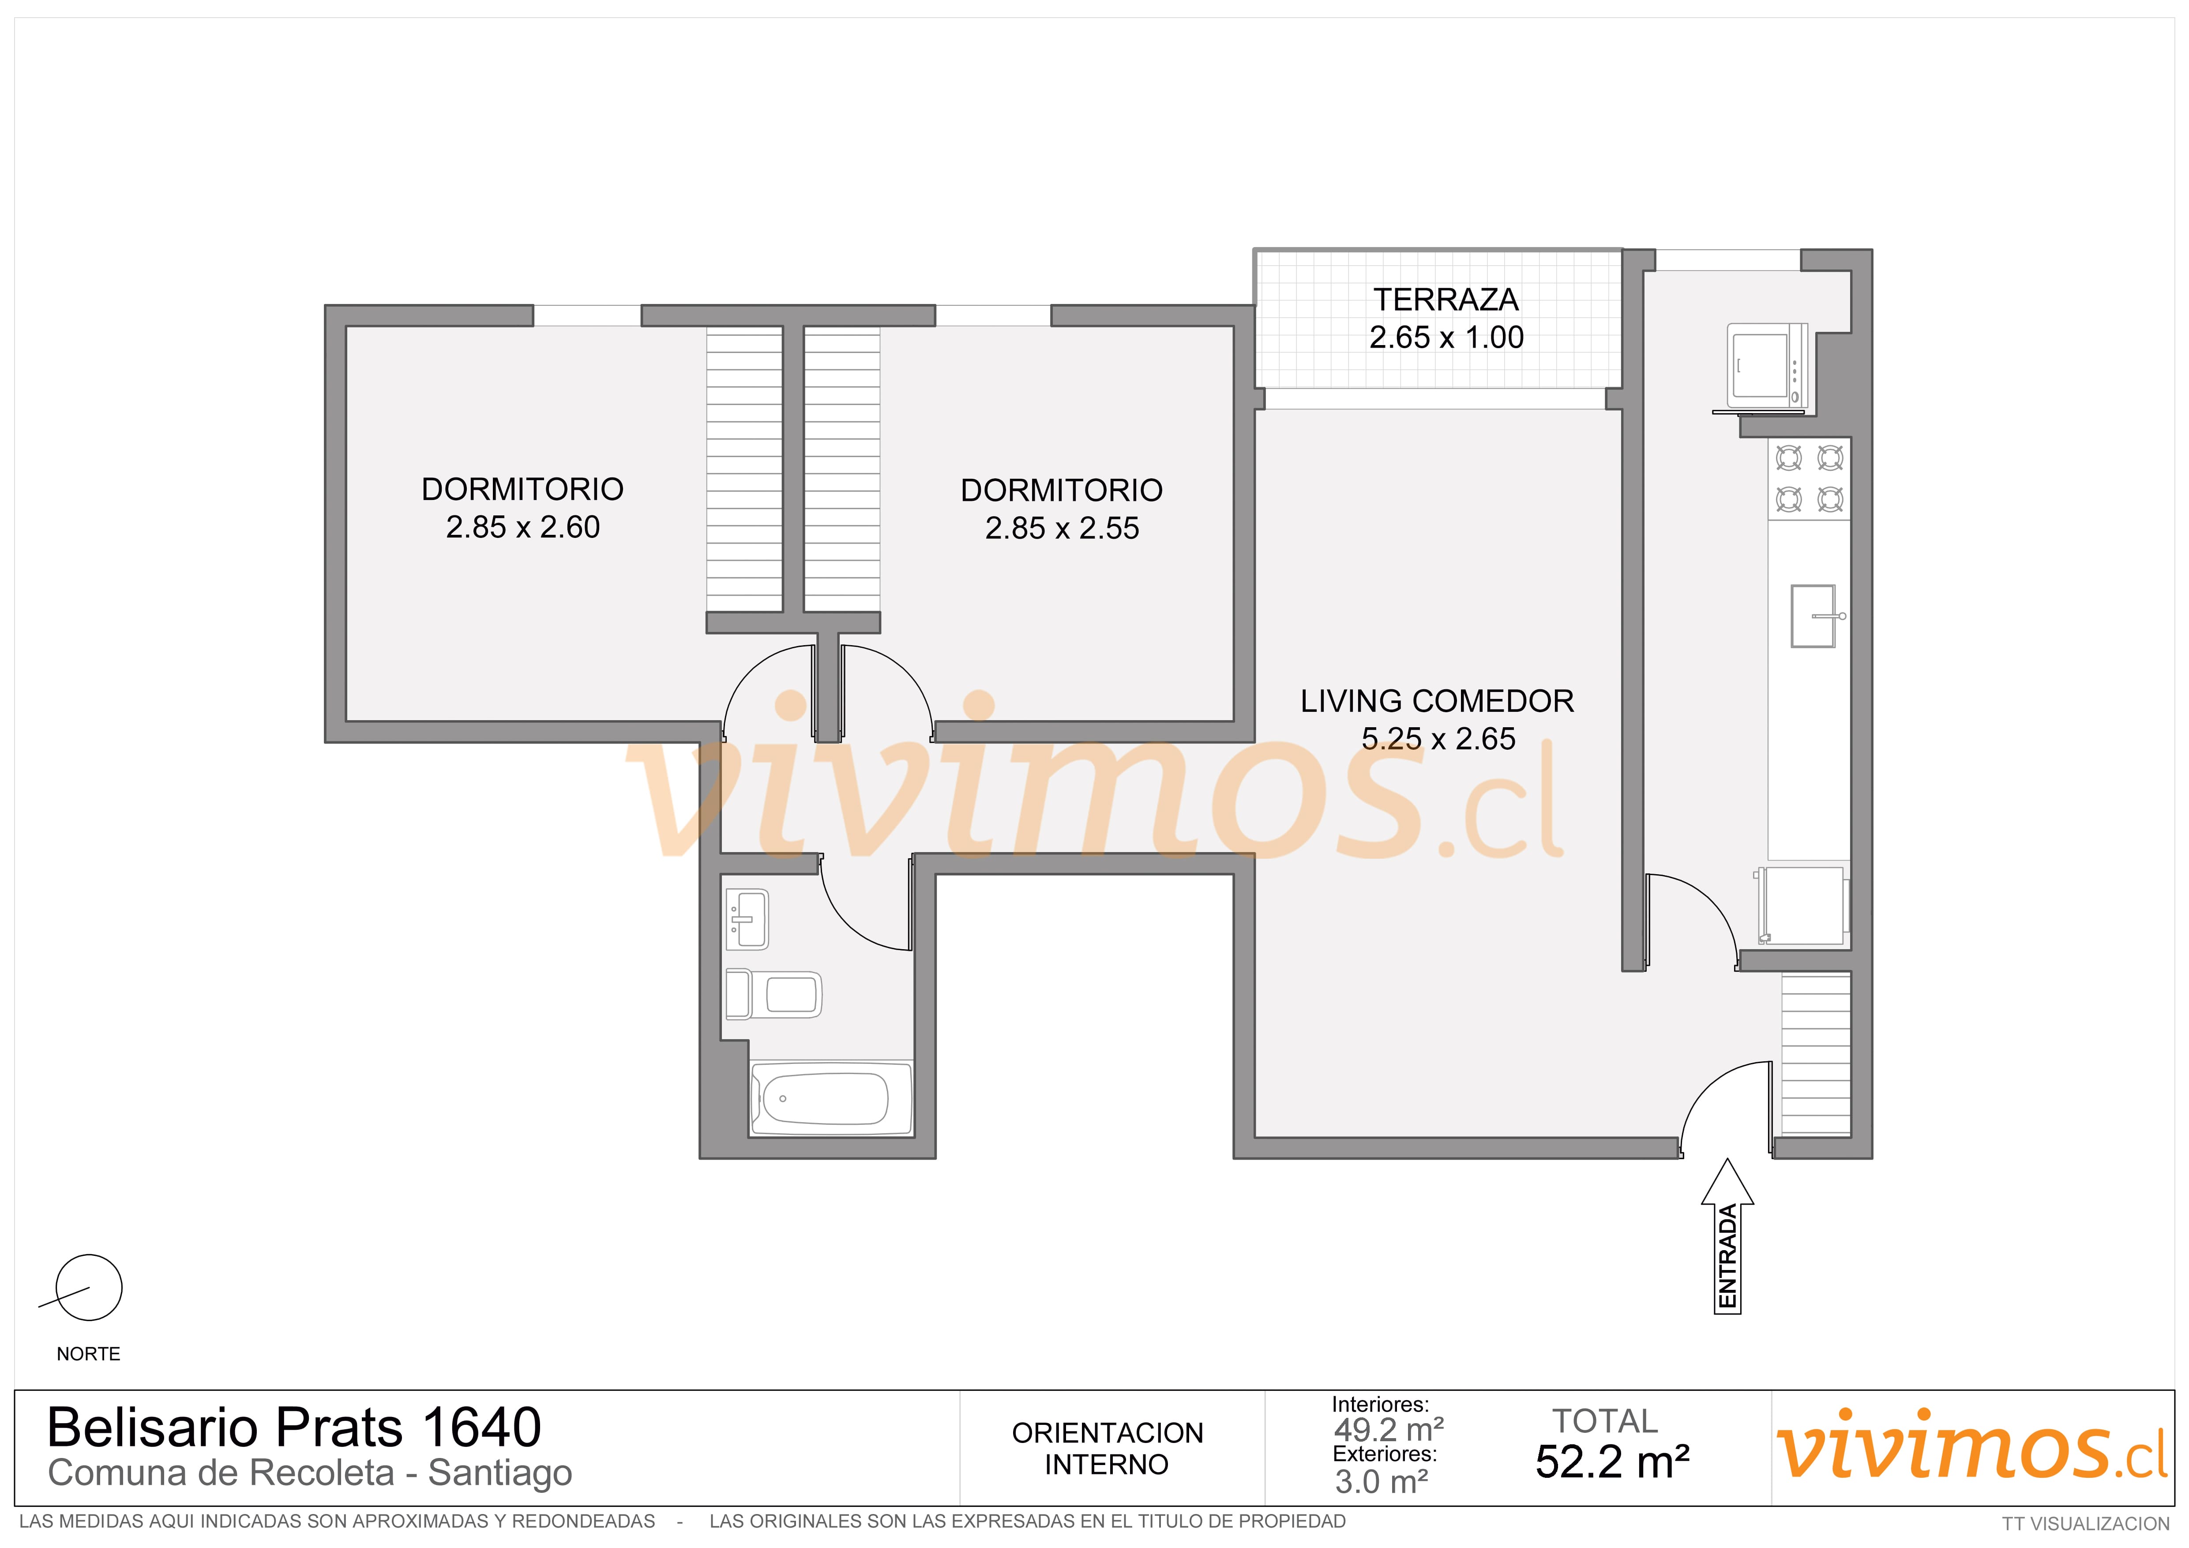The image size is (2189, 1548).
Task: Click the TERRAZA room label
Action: pos(1446,299)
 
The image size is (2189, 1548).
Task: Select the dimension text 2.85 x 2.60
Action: pos(522,527)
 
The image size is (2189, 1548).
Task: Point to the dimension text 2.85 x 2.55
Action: pos(1062,528)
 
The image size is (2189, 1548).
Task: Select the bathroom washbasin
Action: pos(747,920)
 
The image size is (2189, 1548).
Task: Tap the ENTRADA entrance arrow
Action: pos(1727,1236)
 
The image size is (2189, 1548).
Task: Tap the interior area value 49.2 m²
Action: pos(1389,1430)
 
